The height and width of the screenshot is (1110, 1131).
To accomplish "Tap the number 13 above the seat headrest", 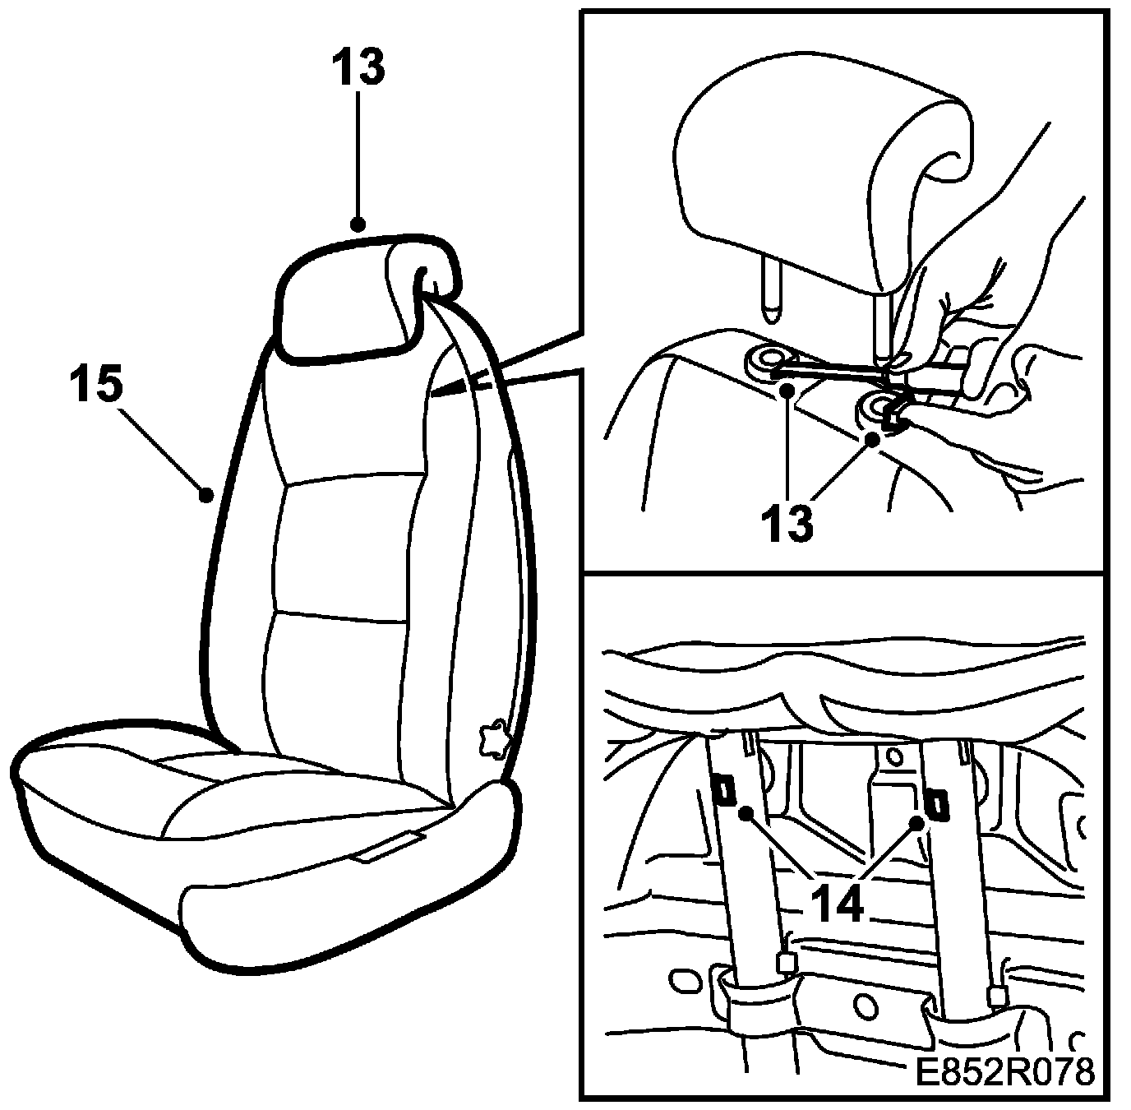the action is (x=358, y=68).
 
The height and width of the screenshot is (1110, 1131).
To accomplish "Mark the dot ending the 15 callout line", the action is (x=207, y=495).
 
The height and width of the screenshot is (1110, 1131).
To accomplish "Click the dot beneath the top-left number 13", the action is (x=358, y=224).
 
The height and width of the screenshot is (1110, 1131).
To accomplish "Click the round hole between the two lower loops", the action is (x=863, y=1005).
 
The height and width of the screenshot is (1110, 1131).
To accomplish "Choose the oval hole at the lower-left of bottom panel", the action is (x=680, y=980).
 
